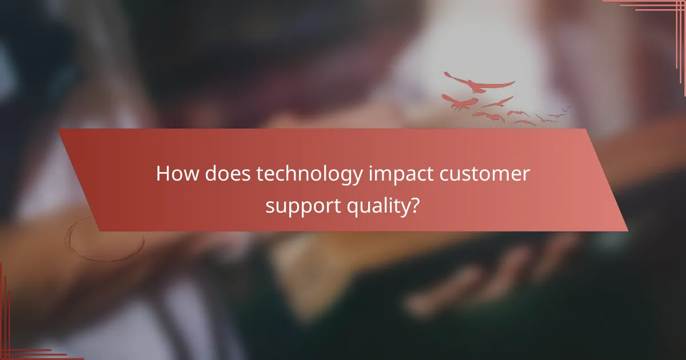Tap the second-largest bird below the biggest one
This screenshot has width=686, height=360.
pos(459,102)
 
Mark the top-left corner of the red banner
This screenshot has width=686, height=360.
pos(59,129)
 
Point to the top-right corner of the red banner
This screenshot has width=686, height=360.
pos(587,129)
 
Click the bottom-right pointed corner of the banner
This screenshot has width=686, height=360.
pos(627,231)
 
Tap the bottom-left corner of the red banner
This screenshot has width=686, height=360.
pos(100,230)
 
